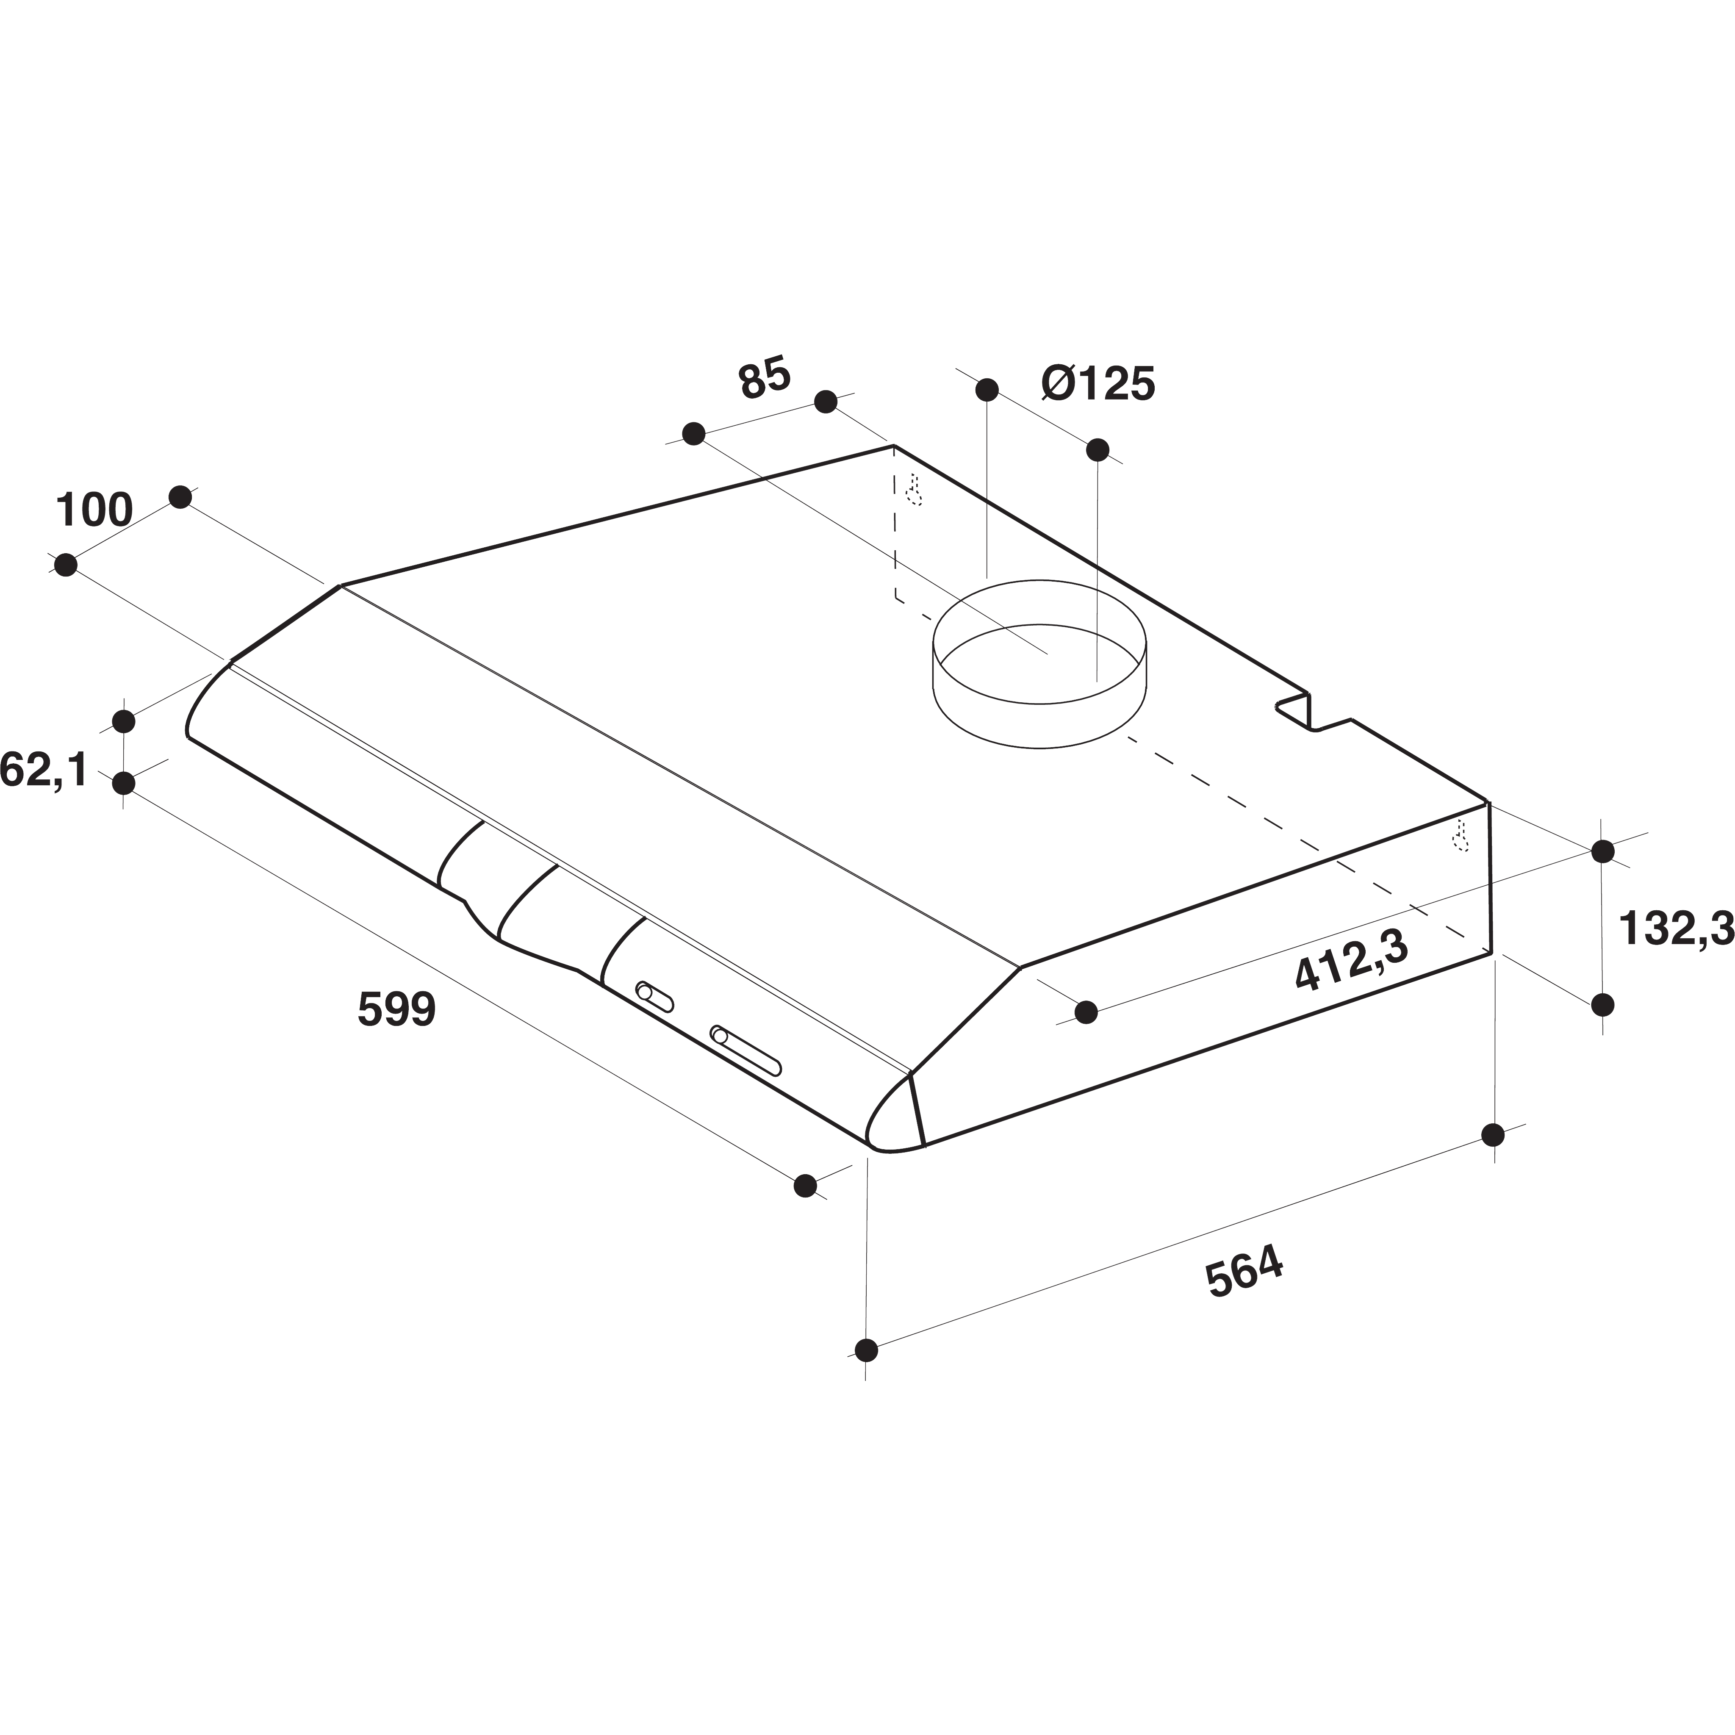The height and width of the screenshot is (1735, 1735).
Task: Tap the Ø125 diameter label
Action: [x=1098, y=384]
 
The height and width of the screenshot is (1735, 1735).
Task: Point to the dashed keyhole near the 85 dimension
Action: [x=914, y=491]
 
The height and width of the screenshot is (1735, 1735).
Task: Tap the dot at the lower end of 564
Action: [x=866, y=1375]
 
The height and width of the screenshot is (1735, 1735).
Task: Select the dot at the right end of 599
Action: [x=806, y=1186]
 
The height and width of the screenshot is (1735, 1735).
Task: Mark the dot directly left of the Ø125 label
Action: [x=987, y=390]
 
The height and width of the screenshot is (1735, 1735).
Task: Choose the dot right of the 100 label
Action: [x=180, y=496]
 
